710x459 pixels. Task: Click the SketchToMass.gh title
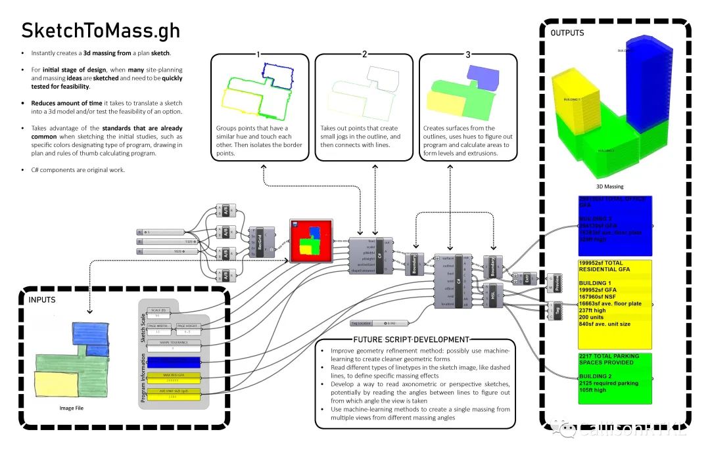point(100,31)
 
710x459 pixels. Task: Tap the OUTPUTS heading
point(567,32)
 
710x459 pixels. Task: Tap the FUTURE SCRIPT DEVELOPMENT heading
point(411,339)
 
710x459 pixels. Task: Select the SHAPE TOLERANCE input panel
point(174,345)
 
